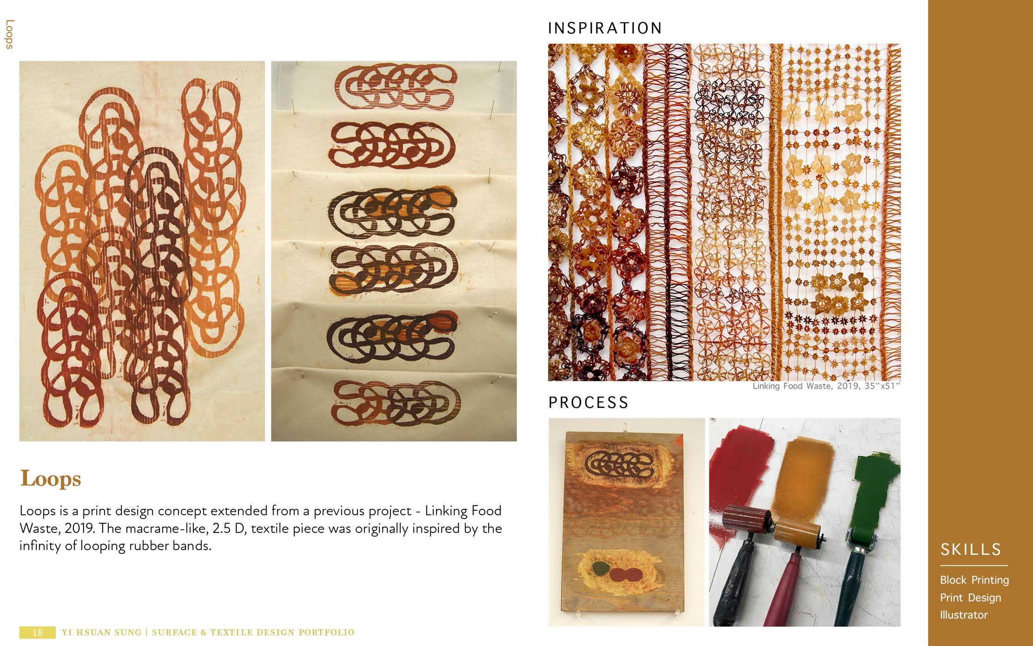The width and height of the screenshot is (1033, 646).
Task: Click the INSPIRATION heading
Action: (x=604, y=28)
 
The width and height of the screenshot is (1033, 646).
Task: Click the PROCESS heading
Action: (x=588, y=403)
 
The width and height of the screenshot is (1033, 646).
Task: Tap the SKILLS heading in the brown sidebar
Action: (x=971, y=550)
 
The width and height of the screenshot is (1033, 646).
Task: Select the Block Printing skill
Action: (x=974, y=580)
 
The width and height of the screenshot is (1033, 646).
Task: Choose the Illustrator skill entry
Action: (x=964, y=615)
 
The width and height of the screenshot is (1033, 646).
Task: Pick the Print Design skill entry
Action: (x=970, y=598)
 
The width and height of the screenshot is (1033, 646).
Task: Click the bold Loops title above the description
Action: (x=51, y=479)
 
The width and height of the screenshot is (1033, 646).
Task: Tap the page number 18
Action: (x=38, y=633)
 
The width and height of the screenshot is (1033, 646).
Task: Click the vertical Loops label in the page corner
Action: (x=9, y=34)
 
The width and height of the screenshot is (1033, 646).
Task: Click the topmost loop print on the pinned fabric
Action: (x=395, y=87)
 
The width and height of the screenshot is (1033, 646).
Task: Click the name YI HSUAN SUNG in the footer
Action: (x=101, y=633)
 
